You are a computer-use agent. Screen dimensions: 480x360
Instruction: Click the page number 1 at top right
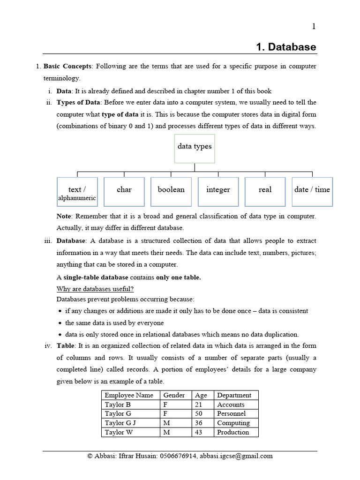click(314, 26)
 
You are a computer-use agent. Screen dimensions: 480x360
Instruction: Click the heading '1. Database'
click(286, 47)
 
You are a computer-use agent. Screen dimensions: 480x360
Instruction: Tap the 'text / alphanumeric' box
click(77, 192)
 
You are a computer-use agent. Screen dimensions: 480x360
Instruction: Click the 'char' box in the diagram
click(124, 192)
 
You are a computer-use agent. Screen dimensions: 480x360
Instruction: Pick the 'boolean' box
click(171, 192)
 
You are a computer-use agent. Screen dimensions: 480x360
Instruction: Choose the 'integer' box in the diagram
click(218, 192)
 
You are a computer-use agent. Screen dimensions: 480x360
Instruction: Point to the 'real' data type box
click(265, 192)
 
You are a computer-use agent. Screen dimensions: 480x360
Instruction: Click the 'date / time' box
click(312, 192)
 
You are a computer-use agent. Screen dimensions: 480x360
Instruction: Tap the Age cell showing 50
click(199, 413)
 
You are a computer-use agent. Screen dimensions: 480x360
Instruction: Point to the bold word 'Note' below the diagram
click(64, 216)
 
